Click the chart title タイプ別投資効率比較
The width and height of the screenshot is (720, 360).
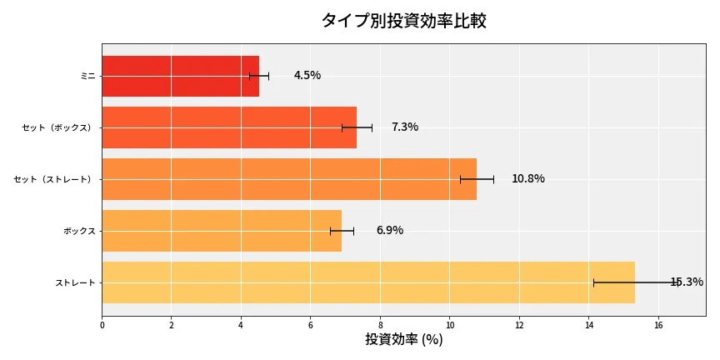pyautogui.click(x=403, y=21)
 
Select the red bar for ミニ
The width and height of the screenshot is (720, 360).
pyautogui.click(x=180, y=76)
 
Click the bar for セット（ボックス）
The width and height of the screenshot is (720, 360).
pyautogui.click(x=229, y=127)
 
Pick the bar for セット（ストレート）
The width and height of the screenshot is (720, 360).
pyautogui.click(x=289, y=179)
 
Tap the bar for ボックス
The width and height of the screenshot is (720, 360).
pyautogui.click(x=222, y=231)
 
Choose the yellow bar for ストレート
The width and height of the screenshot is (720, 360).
pyautogui.click(x=368, y=282)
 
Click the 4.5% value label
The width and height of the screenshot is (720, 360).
pyautogui.click(x=307, y=76)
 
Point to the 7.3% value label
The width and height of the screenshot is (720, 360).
pyautogui.click(x=404, y=127)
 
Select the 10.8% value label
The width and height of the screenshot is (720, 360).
pyautogui.click(x=527, y=179)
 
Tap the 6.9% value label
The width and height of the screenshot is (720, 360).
pyautogui.click(x=389, y=231)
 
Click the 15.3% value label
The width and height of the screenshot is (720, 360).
pyautogui.click(x=687, y=282)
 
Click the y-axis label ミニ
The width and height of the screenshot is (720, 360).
pyautogui.click(x=87, y=76)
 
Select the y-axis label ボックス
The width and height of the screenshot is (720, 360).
pyautogui.click(x=79, y=231)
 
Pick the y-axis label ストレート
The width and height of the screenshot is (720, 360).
pyautogui.click(x=75, y=282)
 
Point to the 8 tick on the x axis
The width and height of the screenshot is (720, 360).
pyautogui.click(x=380, y=325)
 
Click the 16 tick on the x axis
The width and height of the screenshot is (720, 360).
pyautogui.click(x=658, y=325)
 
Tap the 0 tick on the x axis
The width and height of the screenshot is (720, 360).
pyautogui.click(x=102, y=325)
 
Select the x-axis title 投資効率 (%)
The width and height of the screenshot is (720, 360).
pyautogui.click(x=403, y=340)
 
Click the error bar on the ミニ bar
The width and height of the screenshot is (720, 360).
pyautogui.click(x=259, y=76)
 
